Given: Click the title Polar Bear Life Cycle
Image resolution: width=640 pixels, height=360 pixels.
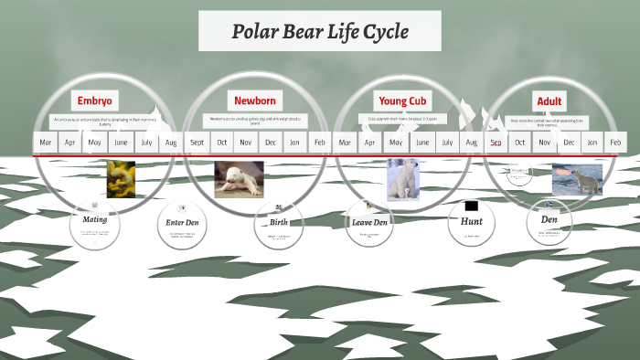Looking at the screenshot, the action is [319, 32].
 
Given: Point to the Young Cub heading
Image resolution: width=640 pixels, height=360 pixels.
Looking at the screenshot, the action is [402, 100].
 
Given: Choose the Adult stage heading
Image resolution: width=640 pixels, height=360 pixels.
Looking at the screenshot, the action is [550, 100].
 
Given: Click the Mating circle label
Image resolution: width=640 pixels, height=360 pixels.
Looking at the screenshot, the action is [94, 220].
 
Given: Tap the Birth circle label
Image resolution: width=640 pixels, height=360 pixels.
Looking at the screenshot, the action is [278, 222].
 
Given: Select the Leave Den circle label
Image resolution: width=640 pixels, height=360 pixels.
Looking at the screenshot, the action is [369, 222].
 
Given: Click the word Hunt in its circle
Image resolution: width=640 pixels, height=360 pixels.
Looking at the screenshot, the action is [472, 221].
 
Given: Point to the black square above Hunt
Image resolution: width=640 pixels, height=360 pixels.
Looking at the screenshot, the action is [471, 206].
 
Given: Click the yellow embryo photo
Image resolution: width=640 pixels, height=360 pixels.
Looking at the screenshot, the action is [121, 179].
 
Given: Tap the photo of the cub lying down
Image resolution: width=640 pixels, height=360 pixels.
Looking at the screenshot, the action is [239, 178].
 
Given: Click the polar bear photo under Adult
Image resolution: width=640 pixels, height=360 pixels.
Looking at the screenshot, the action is [577, 179].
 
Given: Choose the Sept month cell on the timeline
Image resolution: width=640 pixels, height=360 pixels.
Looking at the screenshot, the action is [197, 143].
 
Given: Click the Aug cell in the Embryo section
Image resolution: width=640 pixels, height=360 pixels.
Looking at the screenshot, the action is [171, 143].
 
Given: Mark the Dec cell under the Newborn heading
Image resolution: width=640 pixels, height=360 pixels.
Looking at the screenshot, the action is [271, 143].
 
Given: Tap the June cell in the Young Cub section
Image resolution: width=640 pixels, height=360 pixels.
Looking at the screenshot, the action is [421, 143].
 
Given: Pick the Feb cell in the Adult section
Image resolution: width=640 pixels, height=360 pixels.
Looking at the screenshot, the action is [615, 143].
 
